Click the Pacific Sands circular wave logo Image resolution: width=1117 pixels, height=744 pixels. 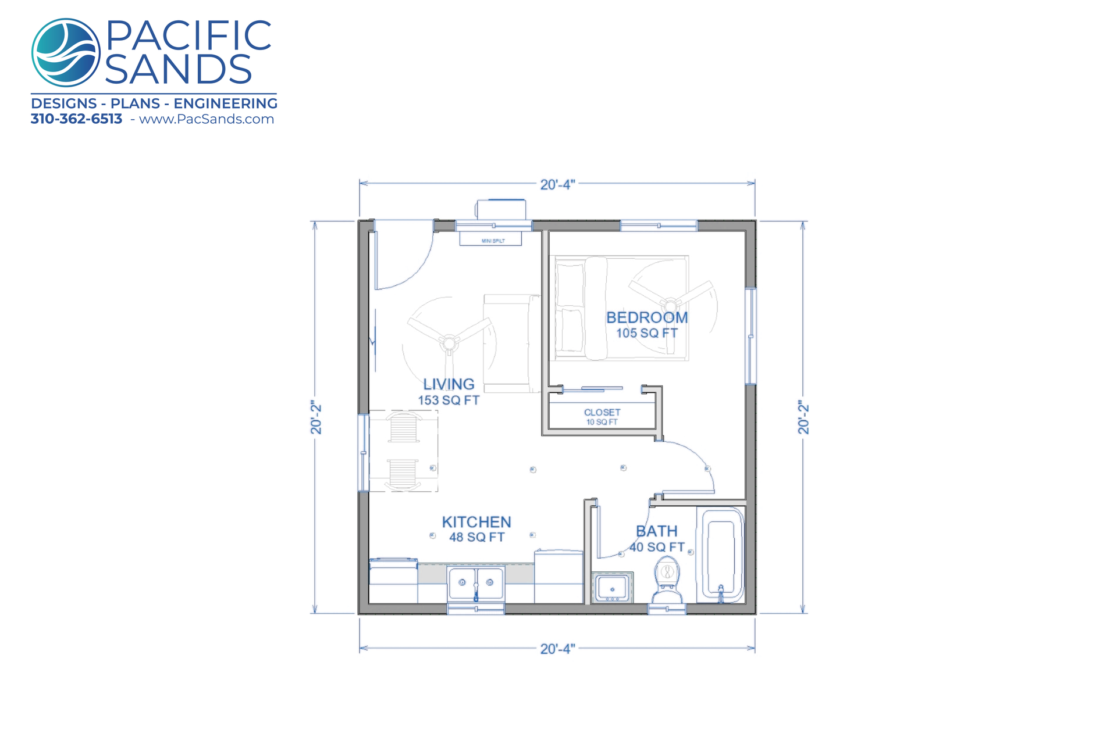click(x=66, y=52)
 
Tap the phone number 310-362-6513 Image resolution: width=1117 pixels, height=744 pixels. click(x=76, y=119)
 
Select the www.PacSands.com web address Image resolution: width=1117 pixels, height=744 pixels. click(x=207, y=119)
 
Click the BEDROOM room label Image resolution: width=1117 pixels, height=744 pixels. click(x=647, y=317)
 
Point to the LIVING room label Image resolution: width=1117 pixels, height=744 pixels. click(x=449, y=384)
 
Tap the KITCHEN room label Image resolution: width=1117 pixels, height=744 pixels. click(x=476, y=522)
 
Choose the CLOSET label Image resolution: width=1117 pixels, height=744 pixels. click(x=602, y=412)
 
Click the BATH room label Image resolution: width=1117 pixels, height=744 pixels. click(x=657, y=531)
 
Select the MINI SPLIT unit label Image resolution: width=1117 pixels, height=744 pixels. click(x=493, y=241)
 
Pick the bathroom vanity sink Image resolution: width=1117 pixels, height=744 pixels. click(x=613, y=588)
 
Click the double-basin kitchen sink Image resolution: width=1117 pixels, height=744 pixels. click(x=476, y=584)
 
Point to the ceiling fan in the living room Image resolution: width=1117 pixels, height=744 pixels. click(x=449, y=343)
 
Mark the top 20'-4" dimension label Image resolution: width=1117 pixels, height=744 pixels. click(x=557, y=184)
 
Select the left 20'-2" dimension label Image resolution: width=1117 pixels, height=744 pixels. click(x=316, y=417)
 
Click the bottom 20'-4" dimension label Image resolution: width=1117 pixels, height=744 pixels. click(x=557, y=649)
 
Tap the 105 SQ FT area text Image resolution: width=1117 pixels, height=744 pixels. click(x=647, y=333)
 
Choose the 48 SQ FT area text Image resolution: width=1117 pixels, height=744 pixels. click(x=476, y=537)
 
